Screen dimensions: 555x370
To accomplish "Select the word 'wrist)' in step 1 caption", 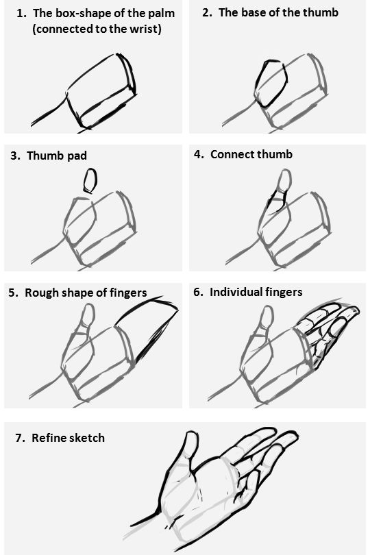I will coord(145,30).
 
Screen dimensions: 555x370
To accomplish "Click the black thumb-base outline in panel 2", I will coord(269,82).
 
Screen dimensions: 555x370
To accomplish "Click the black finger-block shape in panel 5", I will coord(147,329).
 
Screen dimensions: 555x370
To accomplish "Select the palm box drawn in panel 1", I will coord(103,96).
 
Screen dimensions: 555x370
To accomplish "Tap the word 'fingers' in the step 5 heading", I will coord(128,293).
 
